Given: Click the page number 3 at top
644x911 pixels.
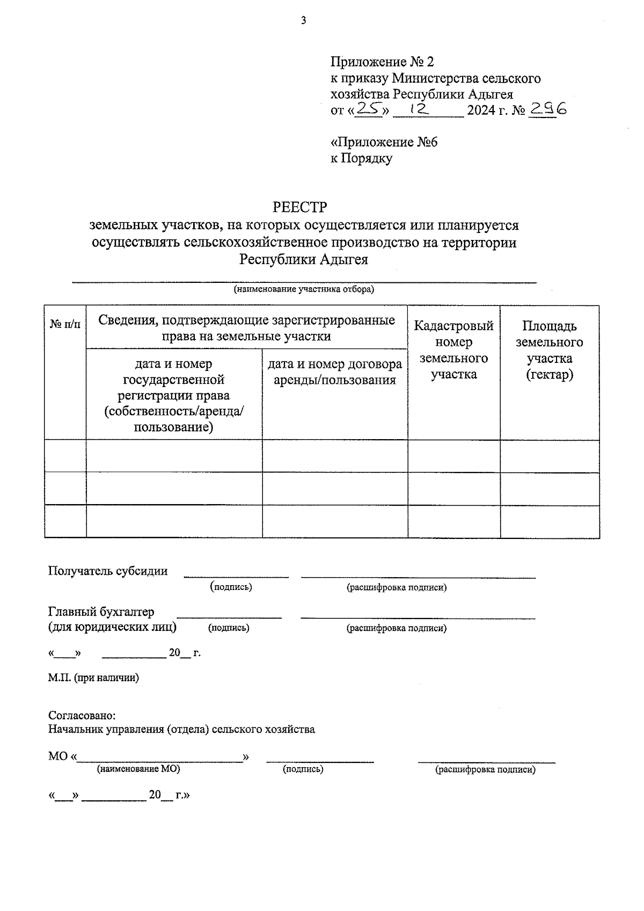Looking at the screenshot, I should pos(304,21).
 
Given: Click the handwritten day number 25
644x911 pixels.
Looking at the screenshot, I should pos(369,109).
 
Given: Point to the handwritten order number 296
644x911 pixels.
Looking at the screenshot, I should pos(547,109).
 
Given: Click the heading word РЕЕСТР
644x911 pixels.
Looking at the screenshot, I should pos(300,207).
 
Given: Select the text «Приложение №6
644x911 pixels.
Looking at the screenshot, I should pos(384,142).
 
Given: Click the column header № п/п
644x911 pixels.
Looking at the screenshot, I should pos(65,324).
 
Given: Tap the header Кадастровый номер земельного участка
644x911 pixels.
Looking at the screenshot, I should pos(453,350).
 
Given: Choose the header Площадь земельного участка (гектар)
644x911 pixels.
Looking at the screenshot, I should pos(549,350).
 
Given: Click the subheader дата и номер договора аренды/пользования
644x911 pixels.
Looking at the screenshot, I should pos(334,372).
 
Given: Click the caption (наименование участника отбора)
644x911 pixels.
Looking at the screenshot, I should pos(303,289).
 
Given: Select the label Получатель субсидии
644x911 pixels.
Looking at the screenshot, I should pos(108,571).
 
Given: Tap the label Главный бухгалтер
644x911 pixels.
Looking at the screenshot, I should pos(101,612).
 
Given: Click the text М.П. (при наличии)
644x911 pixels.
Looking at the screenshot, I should pos(93,678).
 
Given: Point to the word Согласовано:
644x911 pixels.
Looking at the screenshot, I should pos(82,716).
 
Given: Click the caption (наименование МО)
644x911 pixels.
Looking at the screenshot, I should pos(138,769).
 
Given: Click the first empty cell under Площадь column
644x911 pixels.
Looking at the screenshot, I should pos(550,456).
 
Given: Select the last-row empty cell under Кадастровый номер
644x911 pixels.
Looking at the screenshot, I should pos(453,521).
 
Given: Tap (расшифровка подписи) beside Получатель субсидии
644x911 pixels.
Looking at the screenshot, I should pos(397,587).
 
